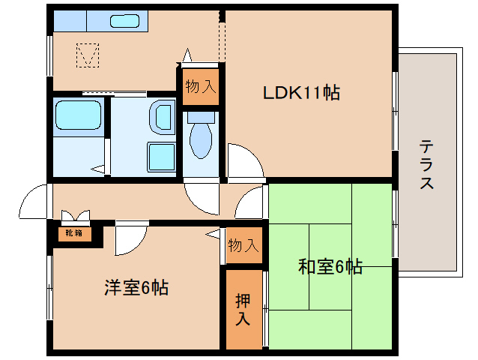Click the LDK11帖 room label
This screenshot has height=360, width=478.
point(301,92)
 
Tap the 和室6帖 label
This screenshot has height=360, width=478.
point(330,266)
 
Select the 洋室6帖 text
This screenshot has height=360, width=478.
point(136,287)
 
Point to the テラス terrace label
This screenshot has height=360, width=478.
point(426,164)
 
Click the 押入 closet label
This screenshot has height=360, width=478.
point(243,309)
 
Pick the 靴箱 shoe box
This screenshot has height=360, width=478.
point(74,233)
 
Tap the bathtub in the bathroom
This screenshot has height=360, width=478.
point(79,115)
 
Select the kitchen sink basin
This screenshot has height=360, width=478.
point(124,21)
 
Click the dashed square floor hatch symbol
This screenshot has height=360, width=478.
point(88,55)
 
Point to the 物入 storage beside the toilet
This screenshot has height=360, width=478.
point(201,87)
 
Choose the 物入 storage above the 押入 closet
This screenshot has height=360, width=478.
point(244,245)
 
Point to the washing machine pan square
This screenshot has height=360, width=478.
point(161,157)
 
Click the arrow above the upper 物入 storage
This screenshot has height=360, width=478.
point(187,55)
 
